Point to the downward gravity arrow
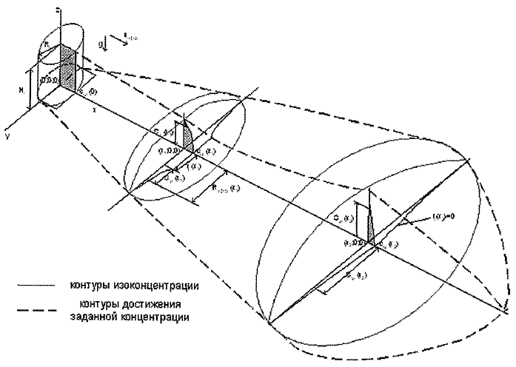coord(107,44)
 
